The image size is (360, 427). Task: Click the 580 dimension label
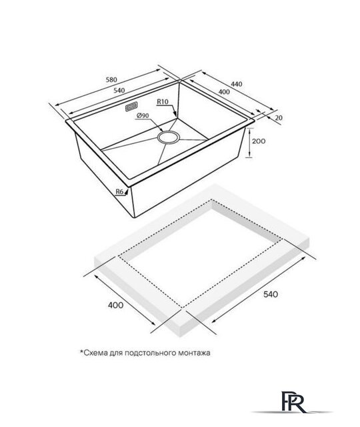coord(111,80)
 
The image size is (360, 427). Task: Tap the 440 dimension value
coord(236,84)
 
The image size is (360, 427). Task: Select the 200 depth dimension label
coord(259,141)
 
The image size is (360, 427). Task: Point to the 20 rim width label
coord(279,117)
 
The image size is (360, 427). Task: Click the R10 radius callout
coord(163,101)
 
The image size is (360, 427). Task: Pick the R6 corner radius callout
coord(119,191)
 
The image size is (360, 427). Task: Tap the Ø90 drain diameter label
coord(143,115)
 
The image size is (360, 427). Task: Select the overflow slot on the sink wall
coord(131,107)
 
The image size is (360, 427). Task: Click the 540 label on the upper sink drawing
coord(119,91)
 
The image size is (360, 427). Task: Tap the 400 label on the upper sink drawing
coord(224,92)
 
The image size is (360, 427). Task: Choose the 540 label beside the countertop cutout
coord(271,294)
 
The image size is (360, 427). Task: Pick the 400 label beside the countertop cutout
coord(115,305)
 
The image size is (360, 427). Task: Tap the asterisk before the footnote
coord(81,352)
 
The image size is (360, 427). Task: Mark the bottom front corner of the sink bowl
coord(135,218)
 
